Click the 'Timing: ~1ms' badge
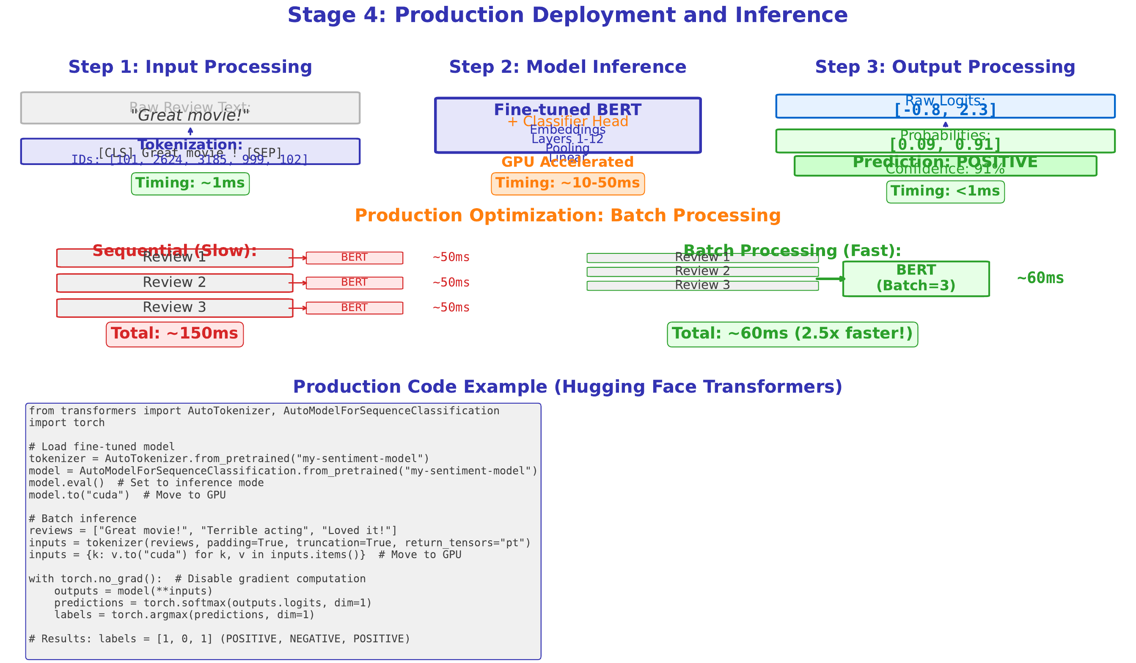(190, 184)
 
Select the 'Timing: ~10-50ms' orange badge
(567, 184)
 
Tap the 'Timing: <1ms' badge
(945, 192)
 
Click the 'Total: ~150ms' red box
(174, 334)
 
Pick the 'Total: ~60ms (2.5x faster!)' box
(792, 334)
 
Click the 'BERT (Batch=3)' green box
(916, 278)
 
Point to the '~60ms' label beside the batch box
(1040, 278)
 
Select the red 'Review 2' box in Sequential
(174, 283)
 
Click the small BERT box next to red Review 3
(354, 308)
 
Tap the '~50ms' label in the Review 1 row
(451, 257)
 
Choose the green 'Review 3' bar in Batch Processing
(702, 285)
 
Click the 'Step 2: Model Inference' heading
(567, 67)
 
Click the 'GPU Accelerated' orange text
(567, 162)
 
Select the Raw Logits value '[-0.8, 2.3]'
(945, 110)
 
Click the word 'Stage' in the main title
(322, 15)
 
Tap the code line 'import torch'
(67, 423)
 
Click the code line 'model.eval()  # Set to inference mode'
(146, 483)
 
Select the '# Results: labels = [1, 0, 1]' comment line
(219, 638)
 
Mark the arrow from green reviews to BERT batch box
(829, 278)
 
